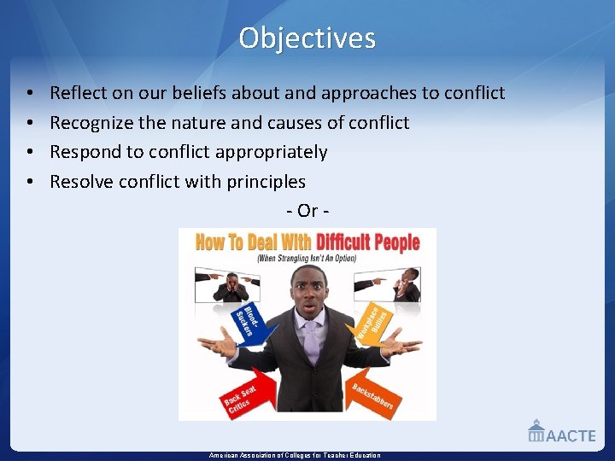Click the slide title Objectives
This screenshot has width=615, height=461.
point(307,38)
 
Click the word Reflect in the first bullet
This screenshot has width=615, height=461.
point(75,93)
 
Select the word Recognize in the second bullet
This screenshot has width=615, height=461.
point(91,123)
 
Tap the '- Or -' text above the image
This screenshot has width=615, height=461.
point(307,210)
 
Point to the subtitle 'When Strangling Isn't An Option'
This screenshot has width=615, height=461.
point(309,258)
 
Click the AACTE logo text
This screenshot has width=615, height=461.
point(570,435)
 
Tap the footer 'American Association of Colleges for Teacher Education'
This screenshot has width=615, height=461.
point(295,456)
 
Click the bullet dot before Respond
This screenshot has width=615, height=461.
point(29,153)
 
